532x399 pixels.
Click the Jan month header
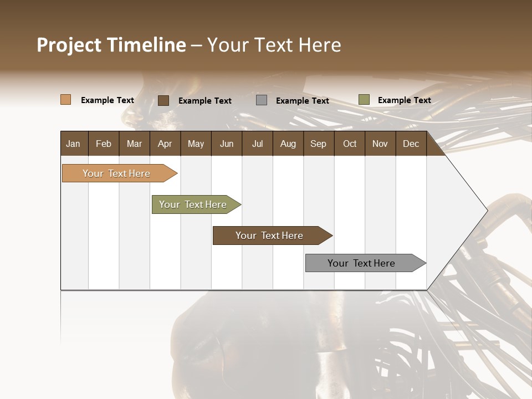click(73, 144)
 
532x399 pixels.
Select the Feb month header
click(104, 144)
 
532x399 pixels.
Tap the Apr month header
click(165, 144)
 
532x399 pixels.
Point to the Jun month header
click(227, 144)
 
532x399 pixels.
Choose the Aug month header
click(288, 144)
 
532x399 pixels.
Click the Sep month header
click(318, 144)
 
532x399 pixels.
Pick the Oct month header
click(350, 144)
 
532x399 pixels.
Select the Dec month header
click(411, 144)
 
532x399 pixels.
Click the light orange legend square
click(66, 100)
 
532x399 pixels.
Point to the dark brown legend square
click(163, 100)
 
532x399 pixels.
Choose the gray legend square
click(262, 100)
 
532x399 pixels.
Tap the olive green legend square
click(364, 100)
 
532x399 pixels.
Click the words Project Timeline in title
click(111, 45)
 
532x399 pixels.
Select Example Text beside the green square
click(404, 100)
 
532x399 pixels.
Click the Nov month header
click(380, 144)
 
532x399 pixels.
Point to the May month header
click(196, 144)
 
